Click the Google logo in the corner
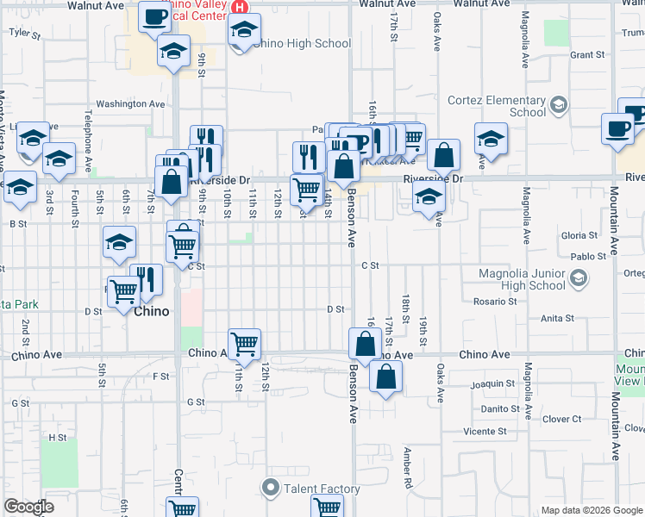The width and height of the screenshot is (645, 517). point(28,507)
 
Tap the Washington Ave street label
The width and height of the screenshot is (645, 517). point(130,104)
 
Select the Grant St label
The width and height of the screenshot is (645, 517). point(587,55)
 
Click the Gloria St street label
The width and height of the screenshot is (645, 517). point(579,235)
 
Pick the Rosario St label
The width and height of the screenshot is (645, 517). point(495,302)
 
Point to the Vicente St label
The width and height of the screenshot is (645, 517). point(485,431)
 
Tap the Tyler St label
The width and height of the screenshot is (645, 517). point(24,34)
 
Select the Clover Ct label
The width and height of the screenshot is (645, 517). point(563,420)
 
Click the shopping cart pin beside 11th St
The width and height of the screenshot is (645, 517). point(245,343)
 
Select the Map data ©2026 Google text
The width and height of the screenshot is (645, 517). point(591,510)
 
